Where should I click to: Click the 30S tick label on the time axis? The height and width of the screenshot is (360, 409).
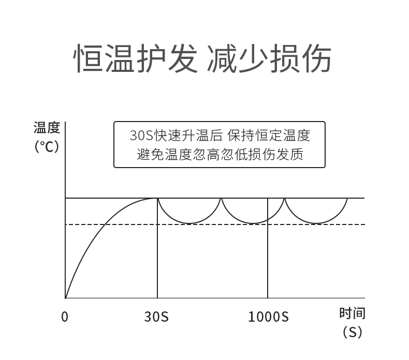pos(156,317)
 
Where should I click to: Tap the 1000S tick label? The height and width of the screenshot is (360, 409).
pos(268,317)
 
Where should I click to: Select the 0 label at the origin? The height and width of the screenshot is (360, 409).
pos(65,317)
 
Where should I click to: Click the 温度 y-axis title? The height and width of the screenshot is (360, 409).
pos(47,128)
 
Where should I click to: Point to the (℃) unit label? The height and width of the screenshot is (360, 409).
pos(47,146)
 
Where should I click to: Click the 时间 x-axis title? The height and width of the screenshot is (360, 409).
pos(353,313)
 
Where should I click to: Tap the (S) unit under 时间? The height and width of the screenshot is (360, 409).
pos(353,332)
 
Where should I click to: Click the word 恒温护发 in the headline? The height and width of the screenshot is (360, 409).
pos(136,58)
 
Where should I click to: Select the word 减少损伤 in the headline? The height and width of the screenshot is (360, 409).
pos(269,58)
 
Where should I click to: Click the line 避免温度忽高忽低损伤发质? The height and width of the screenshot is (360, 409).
pos(220,154)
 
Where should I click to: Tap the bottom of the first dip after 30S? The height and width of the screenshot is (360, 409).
pos(189,223)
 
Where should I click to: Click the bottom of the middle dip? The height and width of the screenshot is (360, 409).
pos(253,223)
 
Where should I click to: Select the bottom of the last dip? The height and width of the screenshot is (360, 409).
pos(316,223)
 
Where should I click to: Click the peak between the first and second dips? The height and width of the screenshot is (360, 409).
pos(222,199)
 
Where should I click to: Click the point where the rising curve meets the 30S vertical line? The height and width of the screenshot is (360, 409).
pos(157,198)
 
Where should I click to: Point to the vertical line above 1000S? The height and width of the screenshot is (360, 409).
pos(268,248)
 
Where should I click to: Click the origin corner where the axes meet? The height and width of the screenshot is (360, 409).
pos(66,298)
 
